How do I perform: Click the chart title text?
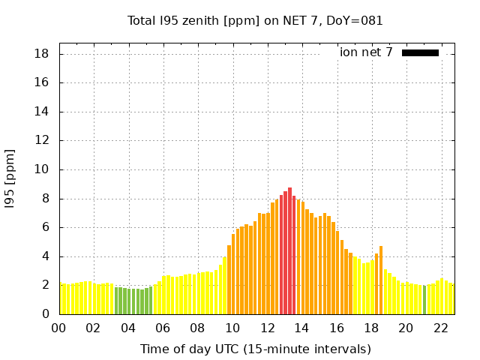[255, 21]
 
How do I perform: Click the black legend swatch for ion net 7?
[420, 52]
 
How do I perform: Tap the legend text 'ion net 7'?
[366, 52]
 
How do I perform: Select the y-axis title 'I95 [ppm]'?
[10, 178]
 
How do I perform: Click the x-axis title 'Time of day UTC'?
[255, 349]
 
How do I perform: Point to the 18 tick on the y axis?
[42, 54]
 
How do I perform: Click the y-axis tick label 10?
[42, 169]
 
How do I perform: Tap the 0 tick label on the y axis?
[45, 314]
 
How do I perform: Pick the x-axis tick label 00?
[59, 328]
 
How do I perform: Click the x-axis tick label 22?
[441, 328]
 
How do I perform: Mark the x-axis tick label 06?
[163, 328]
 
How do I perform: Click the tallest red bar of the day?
[289, 251]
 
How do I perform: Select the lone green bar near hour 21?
[424, 300]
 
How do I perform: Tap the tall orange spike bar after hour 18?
[381, 280]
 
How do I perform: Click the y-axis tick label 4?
[45, 256]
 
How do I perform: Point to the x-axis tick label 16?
[337, 328]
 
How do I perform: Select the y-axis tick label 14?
[42, 112]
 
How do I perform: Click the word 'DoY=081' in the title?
[358, 21]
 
